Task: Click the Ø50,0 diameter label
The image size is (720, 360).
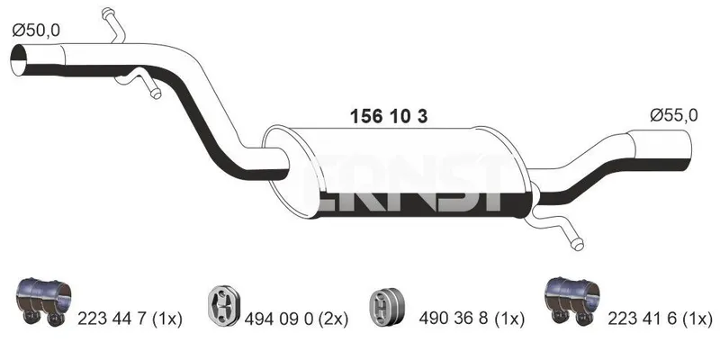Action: (36, 31)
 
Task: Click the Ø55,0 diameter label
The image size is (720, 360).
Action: (673, 115)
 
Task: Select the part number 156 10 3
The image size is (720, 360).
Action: (389, 117)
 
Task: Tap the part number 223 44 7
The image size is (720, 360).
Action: (113, 319)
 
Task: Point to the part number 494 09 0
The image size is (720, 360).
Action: (280, 319)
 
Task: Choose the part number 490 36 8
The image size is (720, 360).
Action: (454, 319)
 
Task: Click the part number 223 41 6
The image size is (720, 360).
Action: (643, 319)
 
